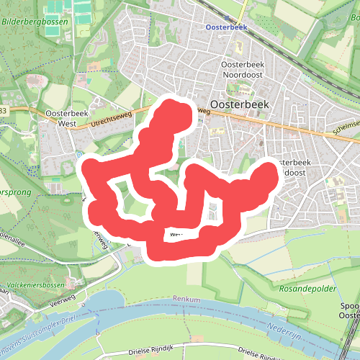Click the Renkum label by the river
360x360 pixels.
(x=186, y=299)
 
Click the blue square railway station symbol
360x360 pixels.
(x=228, y=17)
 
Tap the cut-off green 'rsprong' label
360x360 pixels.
(x=14, y=194)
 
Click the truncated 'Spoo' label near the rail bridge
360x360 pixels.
(x=349, y=306)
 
